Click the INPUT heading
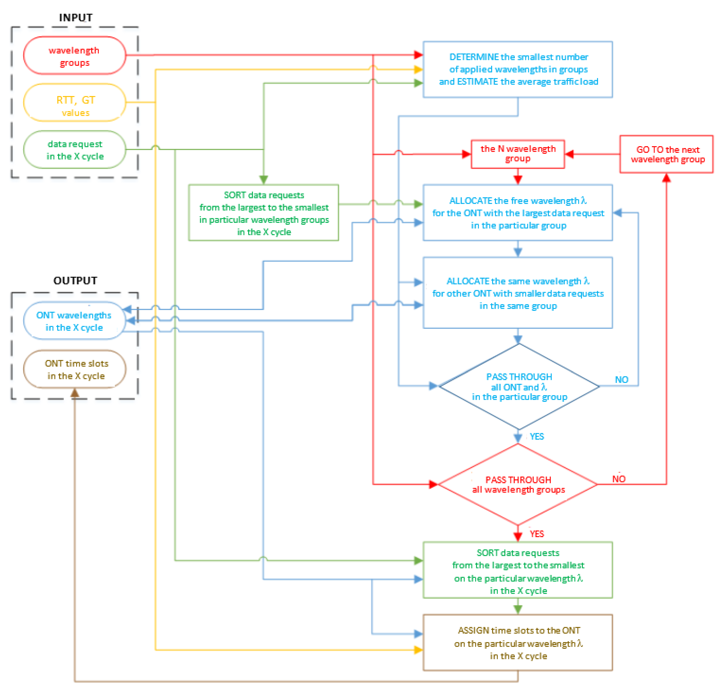click(76, 18)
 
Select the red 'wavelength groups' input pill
click(74, 56)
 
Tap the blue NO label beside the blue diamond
click(621, 380)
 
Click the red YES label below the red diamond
click(537, 534)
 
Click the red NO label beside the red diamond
click(619, 479)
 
